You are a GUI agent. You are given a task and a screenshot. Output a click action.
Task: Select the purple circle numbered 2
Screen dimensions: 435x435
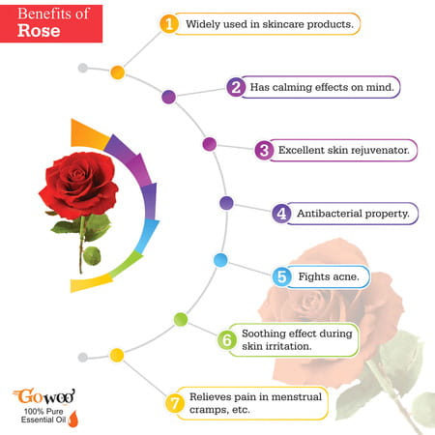[x=235, y=87]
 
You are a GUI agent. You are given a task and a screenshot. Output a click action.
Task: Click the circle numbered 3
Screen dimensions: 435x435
[x=263, y=150]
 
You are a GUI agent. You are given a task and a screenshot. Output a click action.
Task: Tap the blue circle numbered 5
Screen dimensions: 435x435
[x=281, y=277]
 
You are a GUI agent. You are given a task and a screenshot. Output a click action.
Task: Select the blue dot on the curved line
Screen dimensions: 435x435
[x=220, y=259]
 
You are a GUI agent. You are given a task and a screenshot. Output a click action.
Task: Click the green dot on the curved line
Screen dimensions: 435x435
[x=180, y=319]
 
